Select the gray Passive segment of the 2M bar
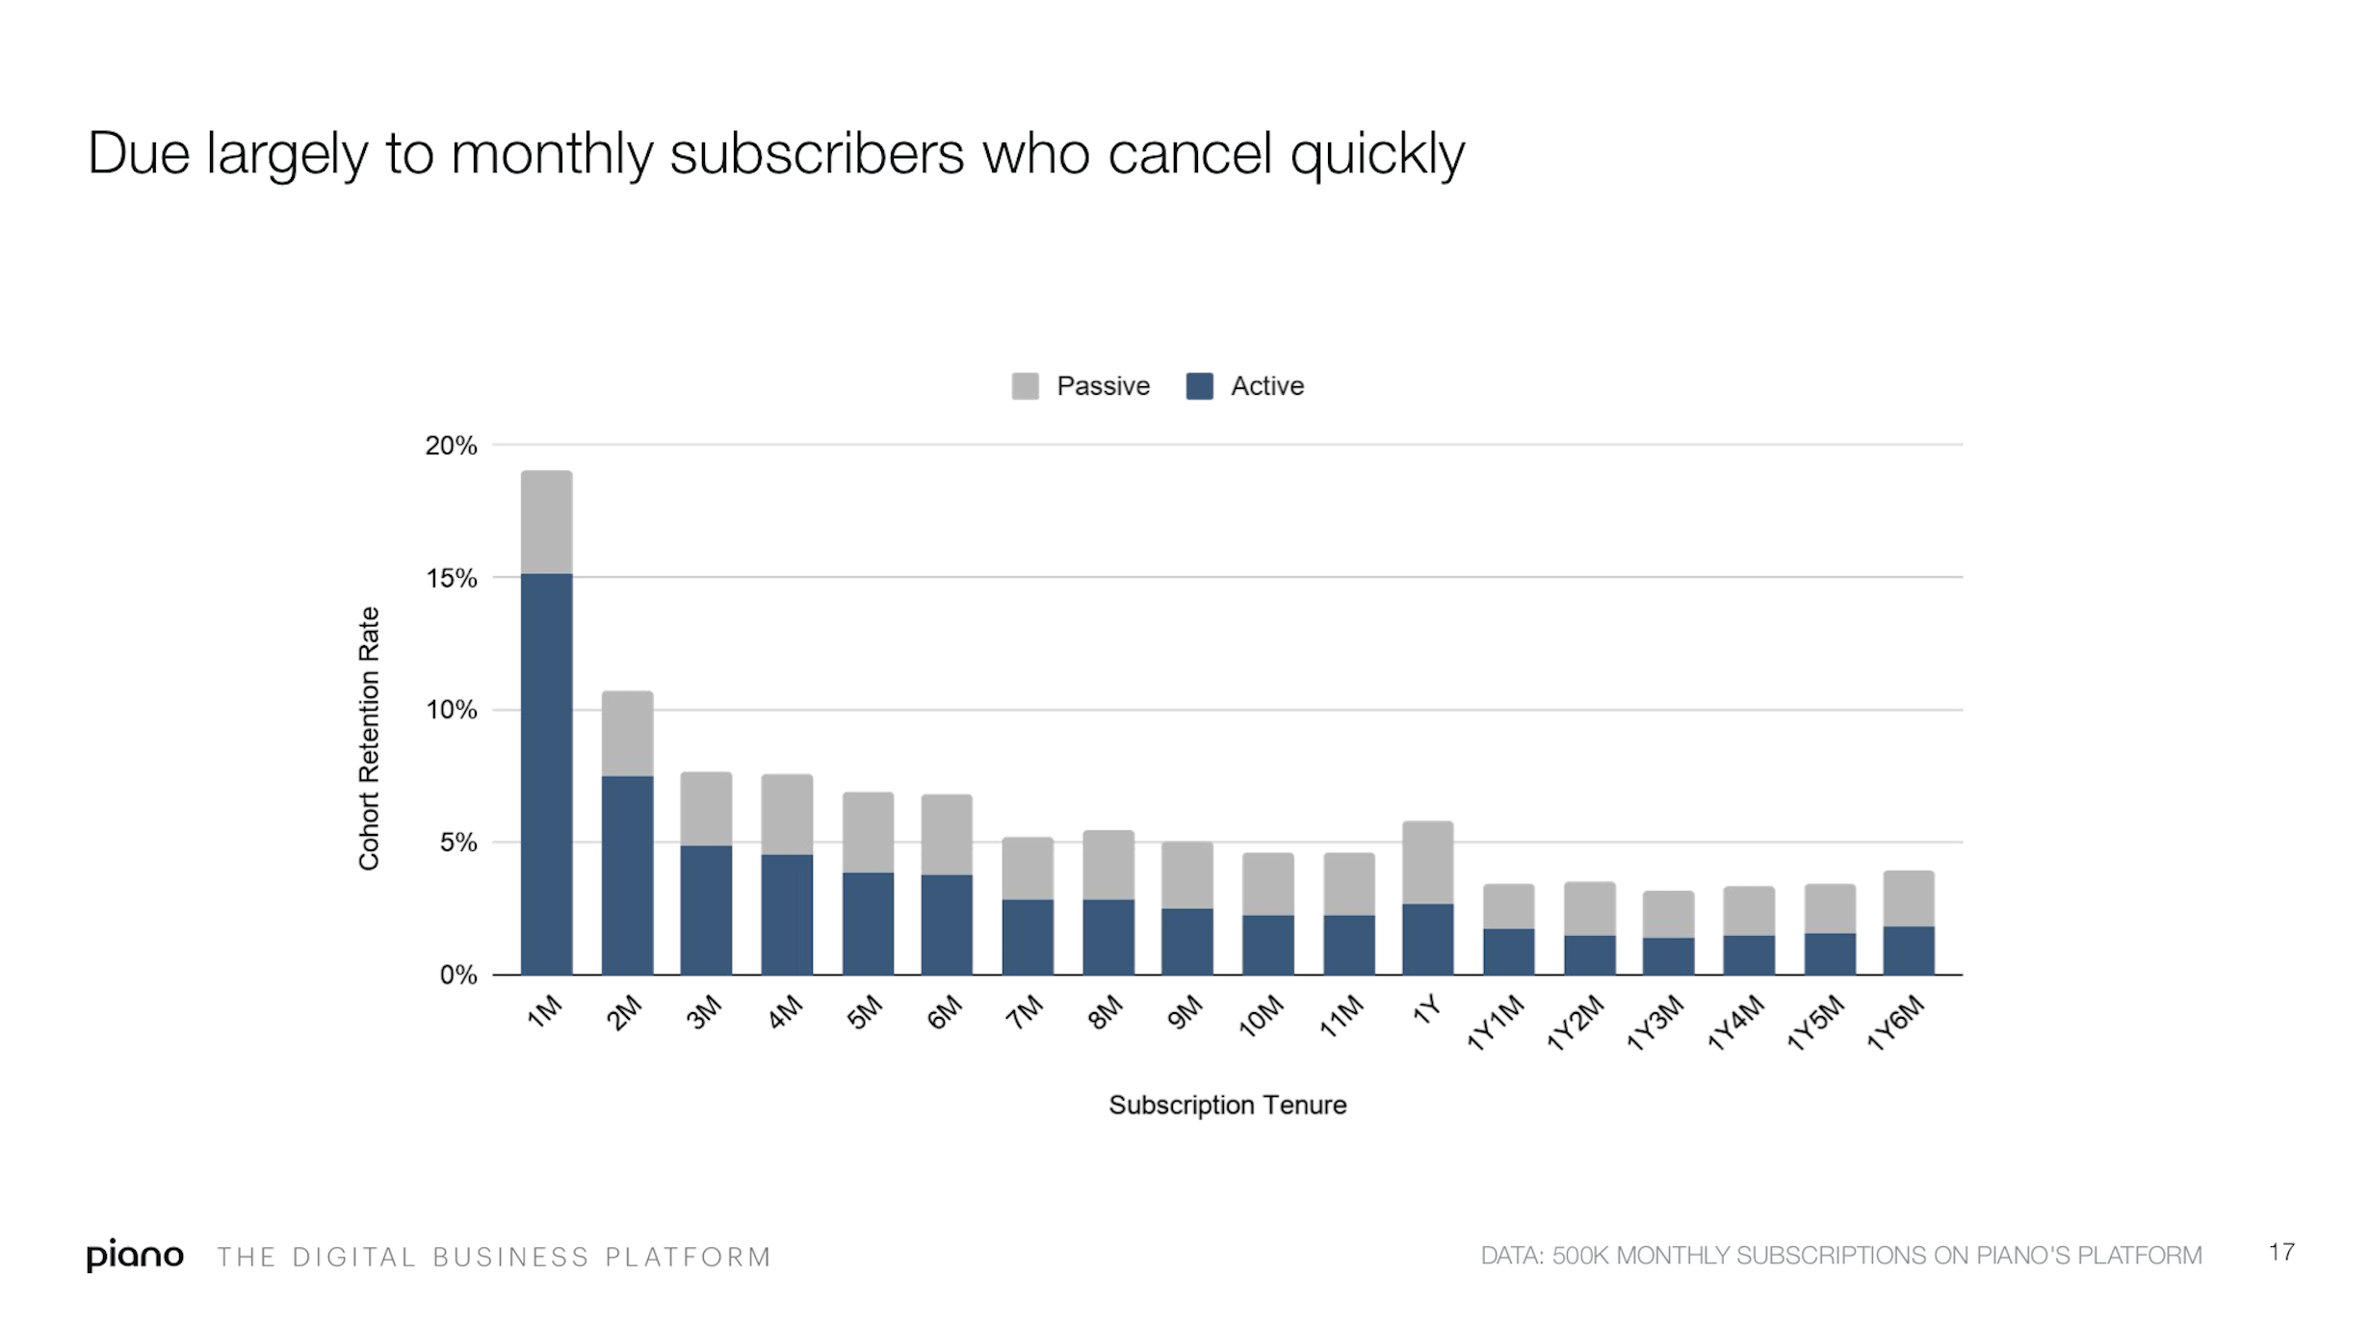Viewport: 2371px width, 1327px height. coord(627,733)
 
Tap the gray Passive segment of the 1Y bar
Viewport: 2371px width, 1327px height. coord(1427,862)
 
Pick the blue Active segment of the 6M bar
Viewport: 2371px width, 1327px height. coord(946,924)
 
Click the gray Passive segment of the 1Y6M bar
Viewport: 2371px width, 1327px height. coord(1908,898)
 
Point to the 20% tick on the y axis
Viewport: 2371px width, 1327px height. coord(451,446)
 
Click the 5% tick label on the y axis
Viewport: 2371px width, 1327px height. coord(457,843)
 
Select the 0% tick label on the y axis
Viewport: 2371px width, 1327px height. coord(457,976)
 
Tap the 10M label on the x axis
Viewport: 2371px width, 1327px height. coord(1261,1015)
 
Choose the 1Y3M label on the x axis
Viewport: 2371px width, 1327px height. coord(1655,1023)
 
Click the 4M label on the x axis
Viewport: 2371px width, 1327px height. coord(785,1012)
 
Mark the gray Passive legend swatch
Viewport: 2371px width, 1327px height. coord(1025,386)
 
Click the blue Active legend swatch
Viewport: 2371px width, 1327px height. coord(1199,386)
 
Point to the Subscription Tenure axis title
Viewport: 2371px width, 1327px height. coord(1227,1105)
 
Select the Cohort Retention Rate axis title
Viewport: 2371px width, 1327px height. coord(369,739)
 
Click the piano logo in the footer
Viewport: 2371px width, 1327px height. coord(135,1255)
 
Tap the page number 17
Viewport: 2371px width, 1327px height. coord(2280,1252)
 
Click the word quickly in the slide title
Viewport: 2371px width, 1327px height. coord(1377,154)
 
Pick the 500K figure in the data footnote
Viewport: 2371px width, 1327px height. coord(1579,1256)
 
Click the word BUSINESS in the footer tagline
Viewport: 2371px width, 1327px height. coord(510,1258)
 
